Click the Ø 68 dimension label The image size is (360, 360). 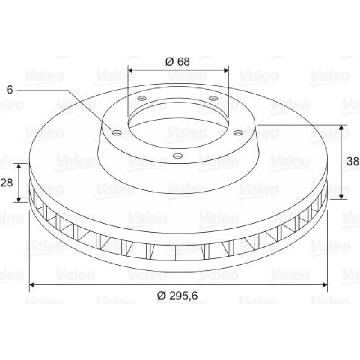(x=177, y=62)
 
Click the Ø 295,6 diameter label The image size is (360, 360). (x=177, y=296)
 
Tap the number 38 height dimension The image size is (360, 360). (x=353, y=161)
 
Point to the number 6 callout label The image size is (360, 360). (x=10, y=90)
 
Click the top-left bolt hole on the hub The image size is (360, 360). (x=141, y=99)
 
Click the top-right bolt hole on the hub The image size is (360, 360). (x=213, y=99)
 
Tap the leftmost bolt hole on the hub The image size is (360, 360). (x=117, y=132)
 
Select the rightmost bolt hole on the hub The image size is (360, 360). (x=238, y=132)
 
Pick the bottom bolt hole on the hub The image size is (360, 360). (x=178, y=156)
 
